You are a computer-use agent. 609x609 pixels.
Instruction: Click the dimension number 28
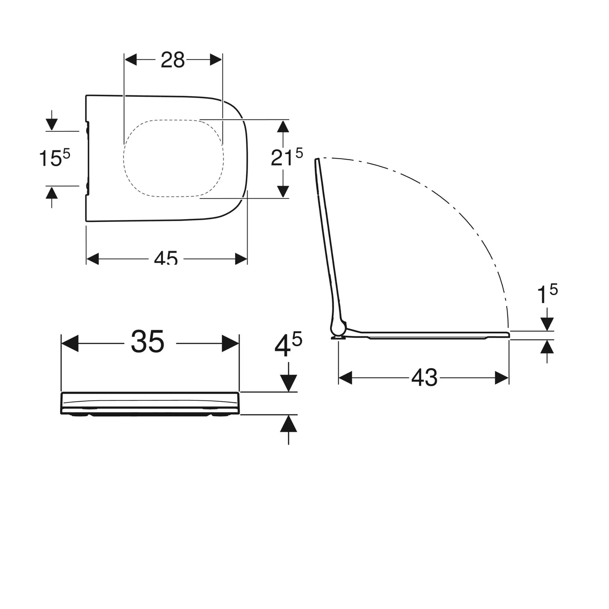173,60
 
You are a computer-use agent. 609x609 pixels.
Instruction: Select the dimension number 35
147,342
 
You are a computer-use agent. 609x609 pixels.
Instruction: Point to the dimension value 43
424,378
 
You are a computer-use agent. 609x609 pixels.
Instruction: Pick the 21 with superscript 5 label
286,157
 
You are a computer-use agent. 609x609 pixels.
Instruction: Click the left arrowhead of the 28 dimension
131,60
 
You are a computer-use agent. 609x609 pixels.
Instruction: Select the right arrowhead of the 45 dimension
241,259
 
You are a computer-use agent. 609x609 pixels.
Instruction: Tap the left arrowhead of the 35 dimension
69,343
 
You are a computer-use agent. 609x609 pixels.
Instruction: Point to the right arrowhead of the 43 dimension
502,378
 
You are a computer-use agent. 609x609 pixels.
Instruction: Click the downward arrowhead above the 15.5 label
52,124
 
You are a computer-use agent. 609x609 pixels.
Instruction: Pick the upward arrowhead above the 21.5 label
283,127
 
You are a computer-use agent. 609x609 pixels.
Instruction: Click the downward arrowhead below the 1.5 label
547,324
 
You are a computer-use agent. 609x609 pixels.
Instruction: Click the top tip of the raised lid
317,160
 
